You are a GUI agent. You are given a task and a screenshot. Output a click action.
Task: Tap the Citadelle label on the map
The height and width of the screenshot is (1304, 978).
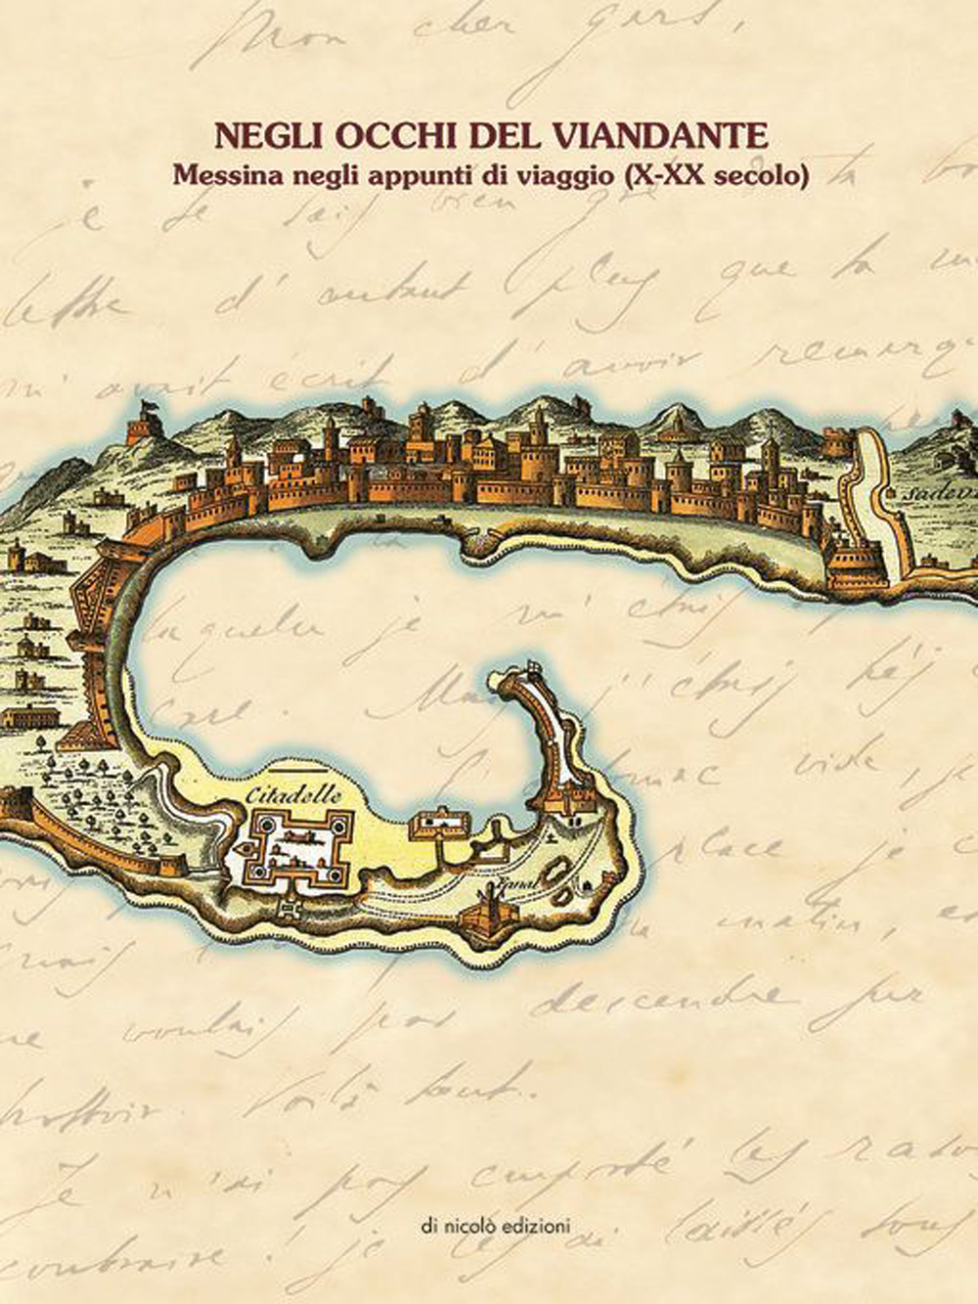[294, 795]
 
